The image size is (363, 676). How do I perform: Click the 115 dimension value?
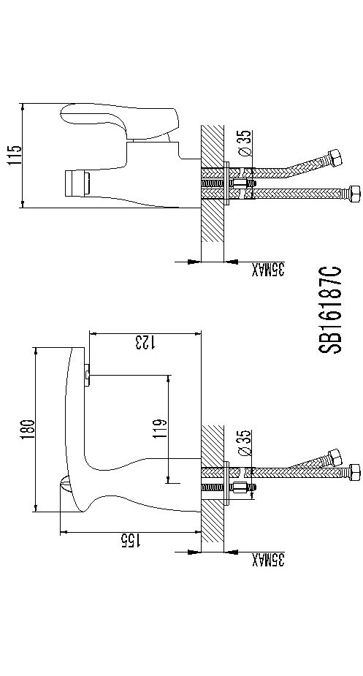[x=14, y=156]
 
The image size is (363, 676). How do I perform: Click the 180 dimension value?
[x=27, y=430]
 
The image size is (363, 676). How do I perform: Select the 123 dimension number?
[x=145, y=342]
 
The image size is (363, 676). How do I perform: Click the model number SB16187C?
[x=330, y=310]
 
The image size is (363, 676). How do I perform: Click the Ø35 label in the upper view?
[x=244, y=143]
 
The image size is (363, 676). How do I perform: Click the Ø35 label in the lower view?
[x=244, y=443]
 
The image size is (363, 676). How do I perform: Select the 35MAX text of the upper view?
[x=268, y=270]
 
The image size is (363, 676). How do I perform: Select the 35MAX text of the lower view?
[x=268, y=560]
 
